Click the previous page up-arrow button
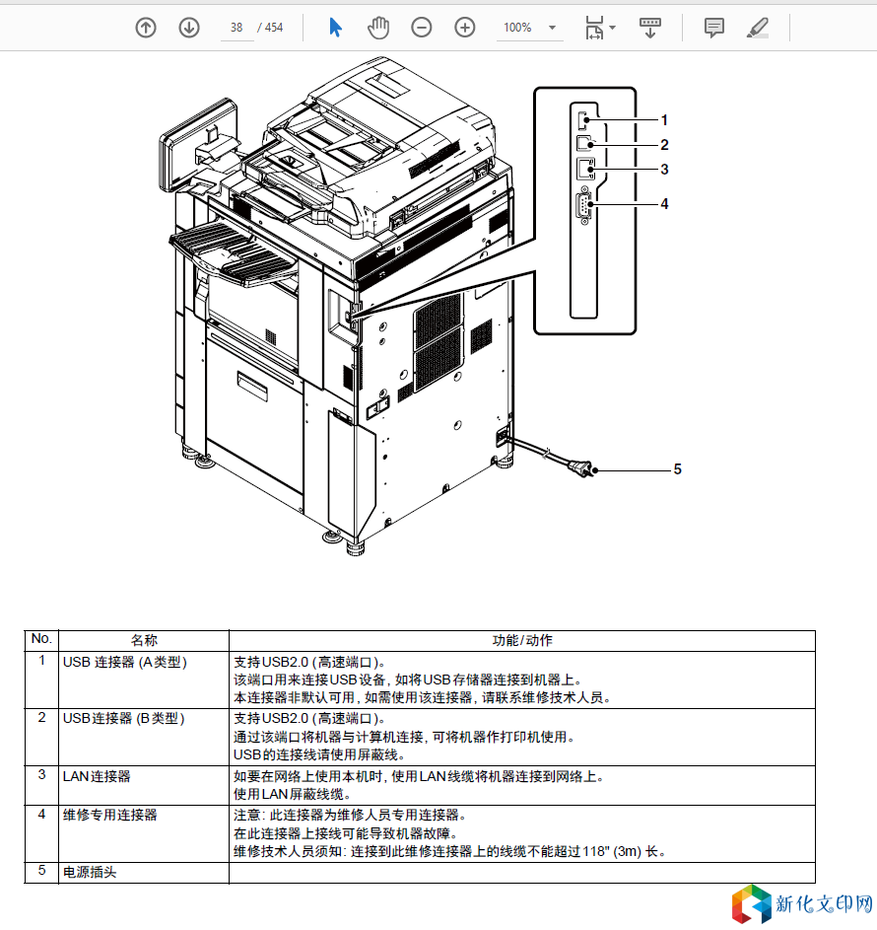[146, 28]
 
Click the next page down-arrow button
[189, 28]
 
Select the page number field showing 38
[236, 28]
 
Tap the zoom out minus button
[422, 28]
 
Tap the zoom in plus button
[464, 28]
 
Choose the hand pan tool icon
[378, 28]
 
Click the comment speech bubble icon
[714, 28]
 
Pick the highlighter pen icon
[758, 28]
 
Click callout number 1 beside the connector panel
[664, 120]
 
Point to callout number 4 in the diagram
[664, 204]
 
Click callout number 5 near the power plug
[677, 469]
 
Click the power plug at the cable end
[582, 468]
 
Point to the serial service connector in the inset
[583, 206]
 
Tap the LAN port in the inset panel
[586, 169]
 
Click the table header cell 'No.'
[41, 639]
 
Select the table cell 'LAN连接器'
[97, 776]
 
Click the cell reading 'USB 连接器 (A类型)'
[125, 662]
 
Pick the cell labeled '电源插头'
[90, 873]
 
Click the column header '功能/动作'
[522, 641]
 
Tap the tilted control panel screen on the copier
[198, 145]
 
